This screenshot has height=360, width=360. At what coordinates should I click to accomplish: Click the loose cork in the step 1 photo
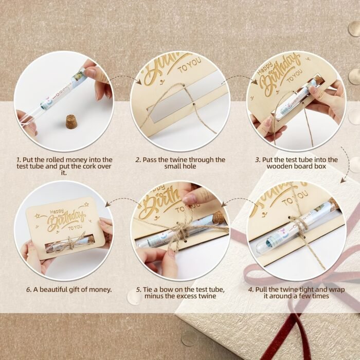71,122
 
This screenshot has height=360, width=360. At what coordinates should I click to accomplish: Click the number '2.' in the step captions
138,160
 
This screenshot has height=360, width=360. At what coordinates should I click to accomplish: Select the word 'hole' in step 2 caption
189,166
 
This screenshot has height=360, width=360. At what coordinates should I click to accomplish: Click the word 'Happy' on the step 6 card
57,212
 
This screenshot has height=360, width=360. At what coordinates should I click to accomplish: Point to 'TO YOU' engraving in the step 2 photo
190,65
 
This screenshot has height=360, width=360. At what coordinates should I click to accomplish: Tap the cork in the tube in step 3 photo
317,82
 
